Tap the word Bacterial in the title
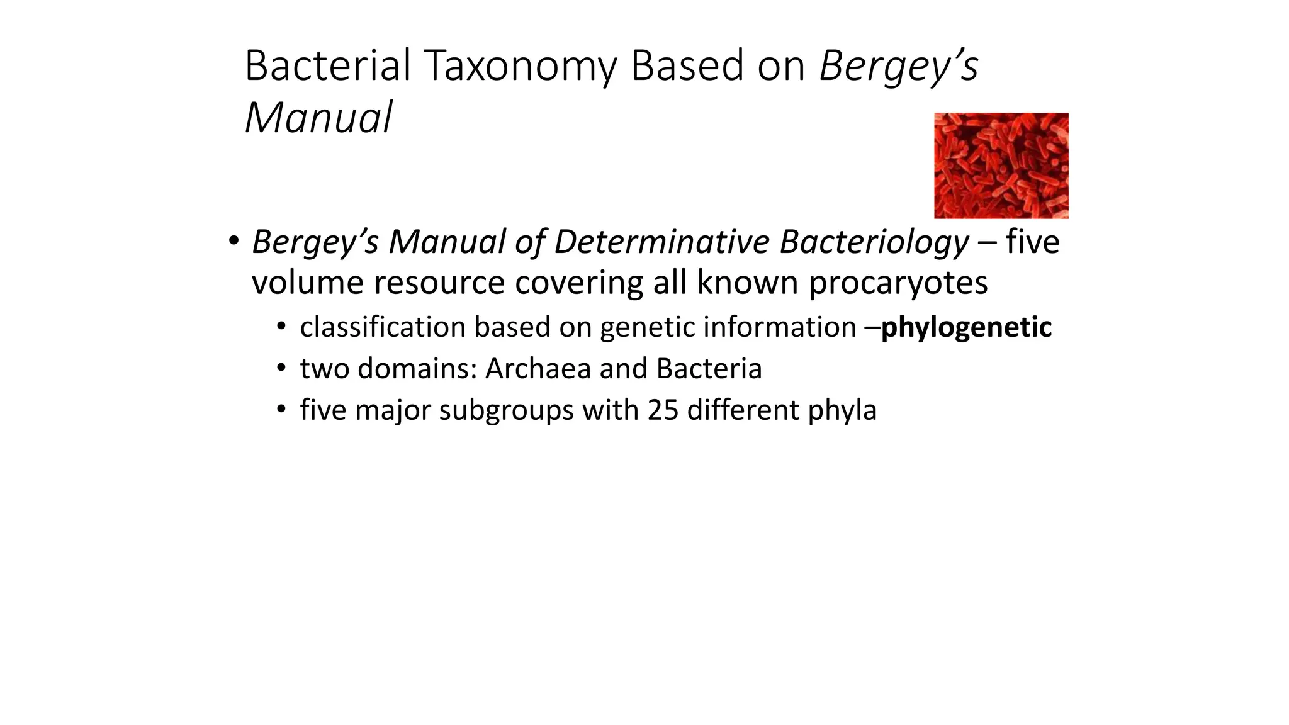click(x=327, y=65)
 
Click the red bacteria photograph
click(x=1001, y=166)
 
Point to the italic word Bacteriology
click(x=874, y=243)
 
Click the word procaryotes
click(x=898, y=283)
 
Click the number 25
click(x=663, y=410)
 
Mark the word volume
click(x=308, y=283)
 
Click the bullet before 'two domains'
click(x=281, y=368)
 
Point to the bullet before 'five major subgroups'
click(x=281, y=410)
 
